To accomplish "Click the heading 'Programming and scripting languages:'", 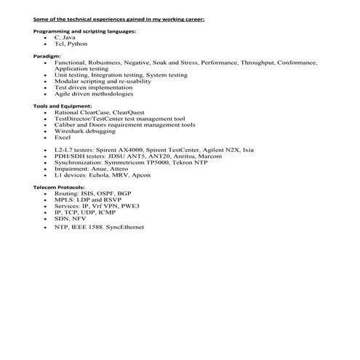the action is [84, 31].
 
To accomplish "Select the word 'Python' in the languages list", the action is [77, 44].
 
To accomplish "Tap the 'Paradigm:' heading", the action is [47, 55].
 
